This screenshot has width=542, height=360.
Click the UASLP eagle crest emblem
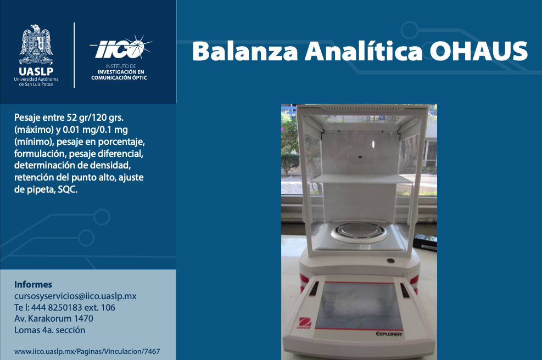36,44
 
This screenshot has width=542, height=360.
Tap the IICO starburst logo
121,48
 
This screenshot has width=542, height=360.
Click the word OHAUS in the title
478,51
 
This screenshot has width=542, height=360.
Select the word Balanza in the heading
245,51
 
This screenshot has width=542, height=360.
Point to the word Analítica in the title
364,51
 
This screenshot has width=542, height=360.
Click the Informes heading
33,284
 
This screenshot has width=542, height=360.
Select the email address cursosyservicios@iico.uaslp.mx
75,296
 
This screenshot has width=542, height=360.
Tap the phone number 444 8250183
57,307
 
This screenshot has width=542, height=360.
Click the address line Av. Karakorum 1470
54,318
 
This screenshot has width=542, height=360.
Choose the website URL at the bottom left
87,352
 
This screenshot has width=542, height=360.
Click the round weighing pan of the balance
359,232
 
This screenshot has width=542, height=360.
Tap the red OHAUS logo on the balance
305,323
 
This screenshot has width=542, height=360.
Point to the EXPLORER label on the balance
389,334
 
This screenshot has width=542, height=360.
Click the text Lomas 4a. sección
50,330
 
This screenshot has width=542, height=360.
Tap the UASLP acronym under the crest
36,71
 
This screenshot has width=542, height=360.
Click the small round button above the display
390,261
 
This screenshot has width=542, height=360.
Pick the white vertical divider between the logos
74,55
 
